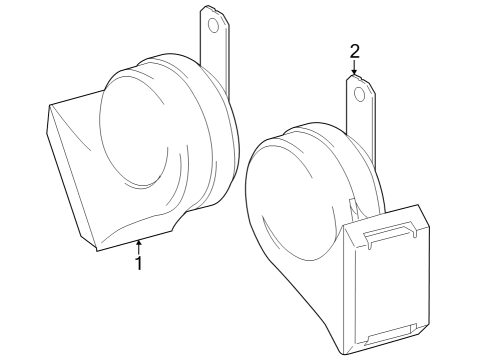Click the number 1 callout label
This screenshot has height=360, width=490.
138,264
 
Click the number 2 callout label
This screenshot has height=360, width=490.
354,51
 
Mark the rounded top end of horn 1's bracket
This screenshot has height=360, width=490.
211,8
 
